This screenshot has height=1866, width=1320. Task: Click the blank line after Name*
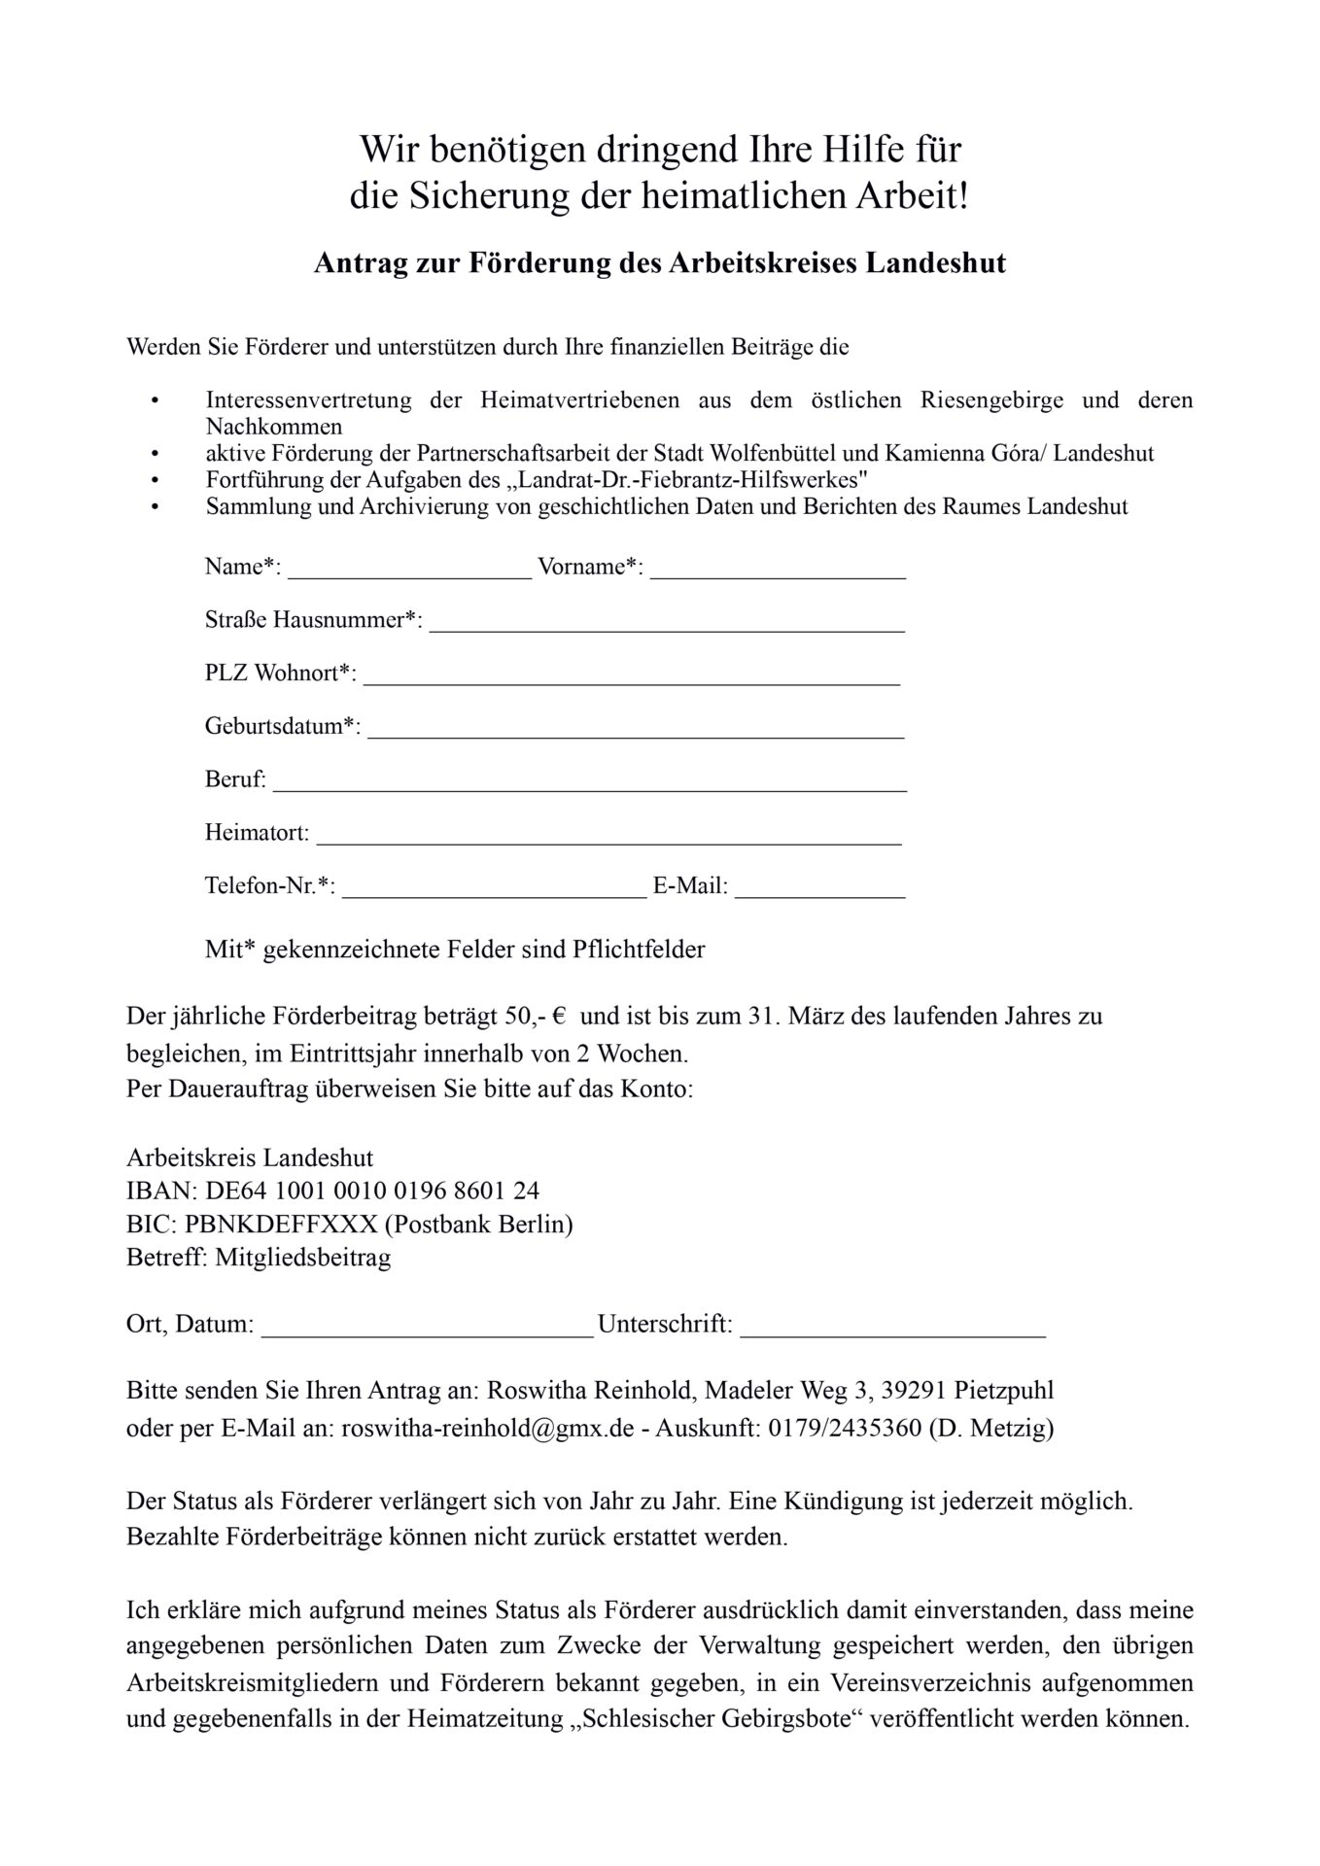(409, 575)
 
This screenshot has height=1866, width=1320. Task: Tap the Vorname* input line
(778, 575)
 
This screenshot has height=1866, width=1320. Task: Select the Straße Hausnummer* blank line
(667, 629)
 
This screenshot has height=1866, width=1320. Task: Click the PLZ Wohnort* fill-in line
(632, 682)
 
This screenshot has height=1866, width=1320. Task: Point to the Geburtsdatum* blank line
(636, 736)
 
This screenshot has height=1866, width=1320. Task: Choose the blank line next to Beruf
(589, 789)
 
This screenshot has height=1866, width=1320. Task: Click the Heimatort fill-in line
(609, 843)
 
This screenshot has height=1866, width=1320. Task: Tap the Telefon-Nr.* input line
(494, 895)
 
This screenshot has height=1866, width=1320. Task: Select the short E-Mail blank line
(819, 895)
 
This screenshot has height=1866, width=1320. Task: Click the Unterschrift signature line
(892, 1335)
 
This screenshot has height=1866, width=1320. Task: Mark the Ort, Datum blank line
(427, 1335)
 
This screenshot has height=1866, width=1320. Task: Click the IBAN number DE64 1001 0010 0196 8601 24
(372, 1191)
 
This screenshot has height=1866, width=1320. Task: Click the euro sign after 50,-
(559, 1018)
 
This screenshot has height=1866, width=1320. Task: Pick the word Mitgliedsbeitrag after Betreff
(303, 1258)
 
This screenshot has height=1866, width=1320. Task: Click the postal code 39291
(914, 1391)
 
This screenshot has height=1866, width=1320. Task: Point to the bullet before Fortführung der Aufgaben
(154, 480)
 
